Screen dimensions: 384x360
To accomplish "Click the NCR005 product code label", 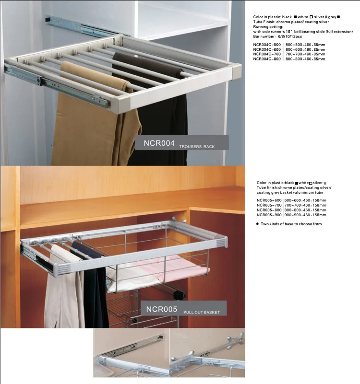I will (162, 309).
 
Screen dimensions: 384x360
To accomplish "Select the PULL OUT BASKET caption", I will (202, 312).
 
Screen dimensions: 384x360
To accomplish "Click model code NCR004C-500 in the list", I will (267, 45).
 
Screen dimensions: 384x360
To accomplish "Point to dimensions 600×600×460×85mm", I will (305, 49).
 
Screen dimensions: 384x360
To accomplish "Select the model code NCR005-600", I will (269, 200).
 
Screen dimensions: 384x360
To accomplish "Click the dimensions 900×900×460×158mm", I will (305, 214).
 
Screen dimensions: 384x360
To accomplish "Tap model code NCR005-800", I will (269, 209).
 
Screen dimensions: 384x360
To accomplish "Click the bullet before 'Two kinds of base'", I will (258, 224).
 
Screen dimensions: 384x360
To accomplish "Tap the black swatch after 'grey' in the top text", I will (338, 17).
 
